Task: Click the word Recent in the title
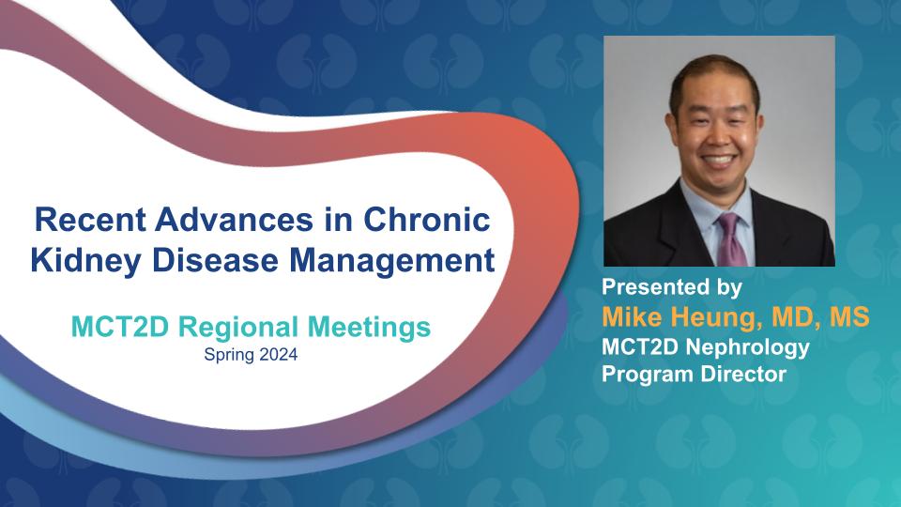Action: click(90, 220)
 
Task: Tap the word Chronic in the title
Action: click(427, 220)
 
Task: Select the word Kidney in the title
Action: click(85, 260)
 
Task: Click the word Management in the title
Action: click(392, 260)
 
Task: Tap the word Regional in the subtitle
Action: click(239, 327)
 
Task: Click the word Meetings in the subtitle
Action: click(369, 327)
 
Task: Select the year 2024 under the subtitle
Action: click(278, 355)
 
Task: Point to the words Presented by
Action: click(672, 287)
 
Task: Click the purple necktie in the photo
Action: click(731, 239)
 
